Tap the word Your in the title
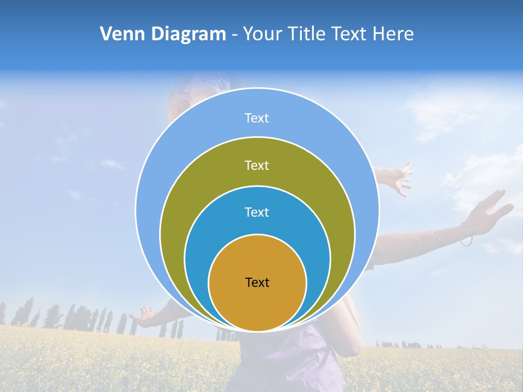[x=262, y=34]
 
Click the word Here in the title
[x=393, y=34]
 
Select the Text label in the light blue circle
[x=257, y=118]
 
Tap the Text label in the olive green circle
[x=257, y=165]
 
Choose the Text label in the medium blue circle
[x=257, y=212]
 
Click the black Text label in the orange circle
[x=257, y=282]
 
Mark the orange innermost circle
[x=257, y=305]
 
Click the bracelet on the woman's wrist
[x=467, y=235]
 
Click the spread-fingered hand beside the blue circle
[x=397, y=177]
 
